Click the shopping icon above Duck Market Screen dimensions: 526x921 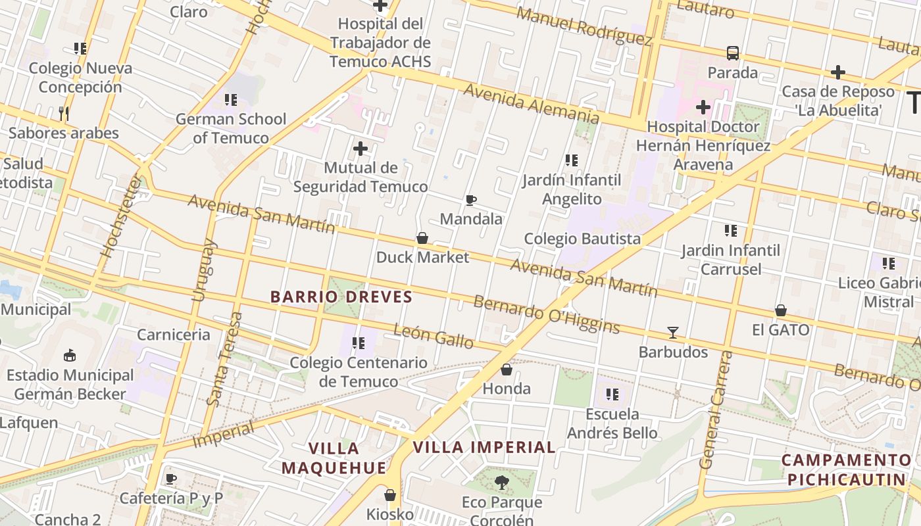tap(422, 238)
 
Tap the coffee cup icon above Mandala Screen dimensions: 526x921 tap(471, 200)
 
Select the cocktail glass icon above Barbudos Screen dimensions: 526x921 tap(673, 333)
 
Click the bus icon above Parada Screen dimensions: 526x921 tap(733, 53)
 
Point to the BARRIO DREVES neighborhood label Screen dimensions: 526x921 tap(341, 297)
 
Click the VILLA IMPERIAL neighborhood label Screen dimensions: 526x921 tap(484, 448)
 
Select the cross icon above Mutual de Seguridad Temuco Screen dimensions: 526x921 tap(361, 149)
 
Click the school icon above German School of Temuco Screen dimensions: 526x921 tap(231, 100)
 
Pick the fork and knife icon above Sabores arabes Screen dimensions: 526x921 tap(64, 114)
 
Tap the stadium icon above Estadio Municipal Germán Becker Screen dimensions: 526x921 tap(70, 356)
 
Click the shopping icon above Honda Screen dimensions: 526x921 tap(507, 370)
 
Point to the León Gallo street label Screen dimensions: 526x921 tap(434, 336)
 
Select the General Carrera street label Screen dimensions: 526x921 tap(716, 410)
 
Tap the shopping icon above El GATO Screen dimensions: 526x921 tap(781, 310)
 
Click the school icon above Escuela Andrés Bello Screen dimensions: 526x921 tap(612, 394)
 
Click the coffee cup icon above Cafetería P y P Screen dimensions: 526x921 tap(171, 479)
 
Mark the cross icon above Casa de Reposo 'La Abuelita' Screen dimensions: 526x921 tap(838, 72)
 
